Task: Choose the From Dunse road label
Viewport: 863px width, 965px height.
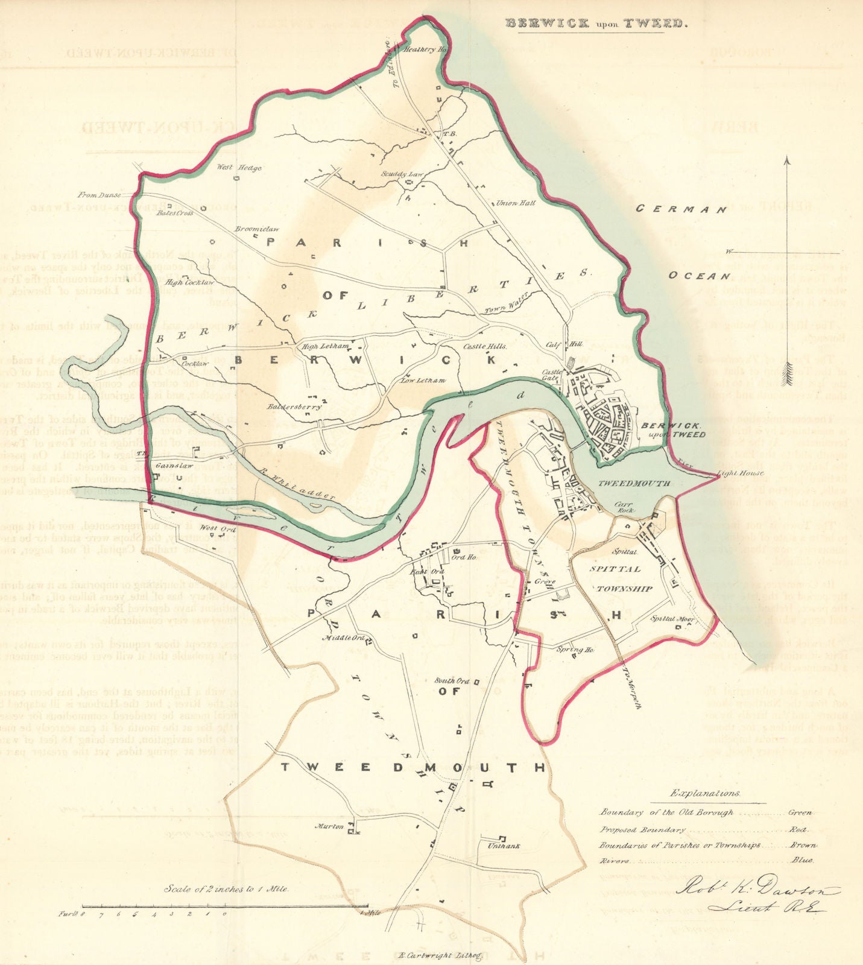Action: [x=100, y=195]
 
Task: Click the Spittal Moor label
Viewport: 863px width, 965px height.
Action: [x=673, y=619]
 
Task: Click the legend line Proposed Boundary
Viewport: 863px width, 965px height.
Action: [x=642, y=831]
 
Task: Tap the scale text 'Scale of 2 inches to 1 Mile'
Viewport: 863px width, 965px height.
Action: [x=227, y=889]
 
